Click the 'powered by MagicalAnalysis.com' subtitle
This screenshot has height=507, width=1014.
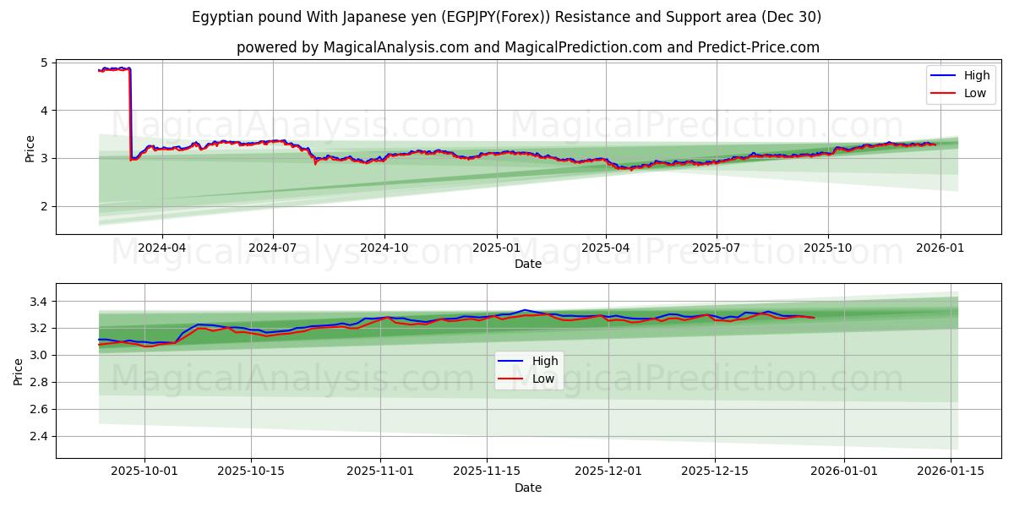tap(527, 47)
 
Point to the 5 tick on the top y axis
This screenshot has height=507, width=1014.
tap(44, 63)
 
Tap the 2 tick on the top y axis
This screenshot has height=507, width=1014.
tap(44, 206)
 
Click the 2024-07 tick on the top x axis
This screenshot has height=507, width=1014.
tap(272, 248)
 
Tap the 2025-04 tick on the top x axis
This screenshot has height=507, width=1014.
tap(606, 248)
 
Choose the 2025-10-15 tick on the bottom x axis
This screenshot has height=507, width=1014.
tap(251, 472)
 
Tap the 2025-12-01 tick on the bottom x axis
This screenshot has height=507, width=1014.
tap(608, 472)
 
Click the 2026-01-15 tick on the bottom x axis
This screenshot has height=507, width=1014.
tap(951, 472)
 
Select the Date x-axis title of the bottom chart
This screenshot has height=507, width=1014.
tap(527, 488)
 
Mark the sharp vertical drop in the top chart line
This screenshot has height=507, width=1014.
tap(129, 114)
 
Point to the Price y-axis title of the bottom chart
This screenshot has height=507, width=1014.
tap(19, 370)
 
